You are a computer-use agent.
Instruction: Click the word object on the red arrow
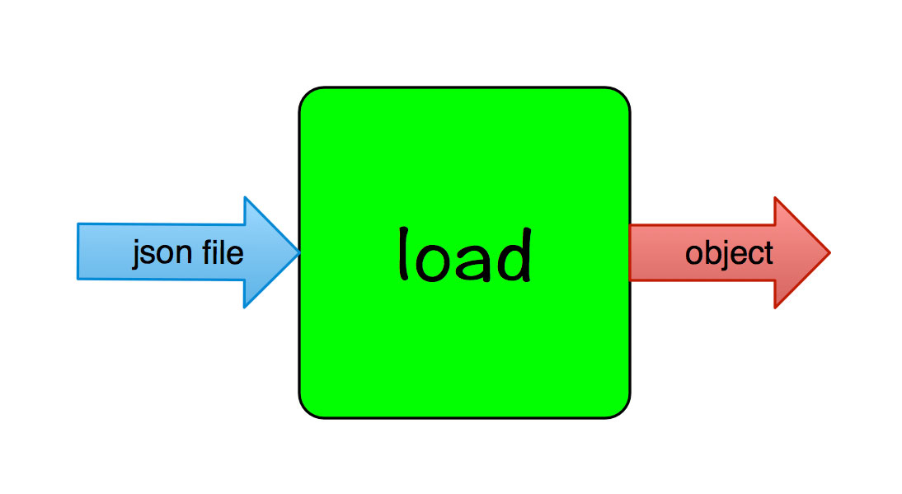coord(729,253)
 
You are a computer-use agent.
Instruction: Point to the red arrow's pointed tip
coord(828,252)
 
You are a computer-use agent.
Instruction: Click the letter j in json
coord(137,255)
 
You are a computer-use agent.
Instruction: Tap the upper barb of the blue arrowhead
coord(245,199)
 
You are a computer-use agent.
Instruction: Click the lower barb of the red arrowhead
coord(775,307)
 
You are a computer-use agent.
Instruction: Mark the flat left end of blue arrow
coord(78,252)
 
